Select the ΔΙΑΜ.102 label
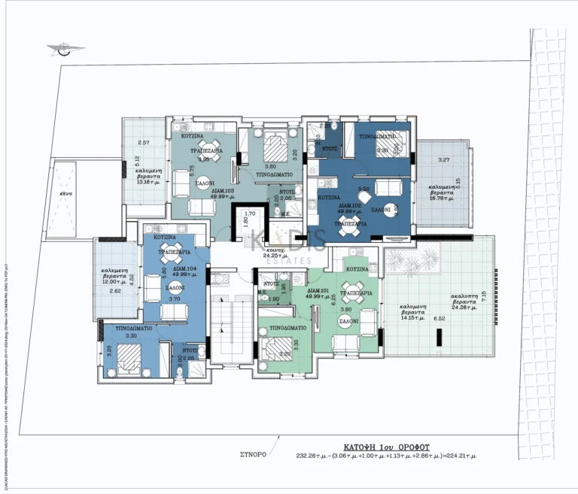(x=351, y=205)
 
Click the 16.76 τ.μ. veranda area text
(x=441, y=193)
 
